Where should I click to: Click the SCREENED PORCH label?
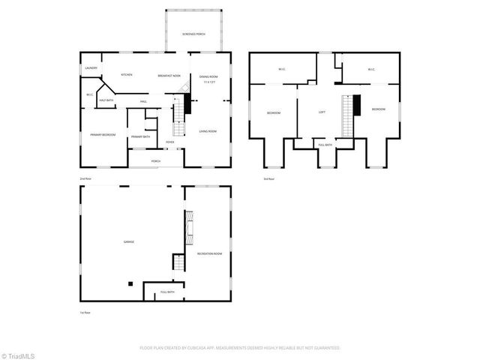193,35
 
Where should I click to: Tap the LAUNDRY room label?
91,68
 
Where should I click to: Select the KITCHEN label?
127,75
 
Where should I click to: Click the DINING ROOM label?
208,77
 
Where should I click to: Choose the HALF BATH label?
106,100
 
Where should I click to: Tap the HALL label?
142,101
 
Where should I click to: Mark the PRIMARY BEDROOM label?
102,134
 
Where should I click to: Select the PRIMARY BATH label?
141,136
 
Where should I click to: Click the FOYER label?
170,141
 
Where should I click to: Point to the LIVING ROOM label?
208,131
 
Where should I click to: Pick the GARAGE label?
129,241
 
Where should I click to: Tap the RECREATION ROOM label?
209,254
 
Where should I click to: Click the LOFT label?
322,112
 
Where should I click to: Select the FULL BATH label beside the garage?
166,292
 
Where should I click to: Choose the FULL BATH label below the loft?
325,145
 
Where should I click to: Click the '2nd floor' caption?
85,178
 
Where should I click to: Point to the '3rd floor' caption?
268,178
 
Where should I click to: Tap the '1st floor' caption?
85,312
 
